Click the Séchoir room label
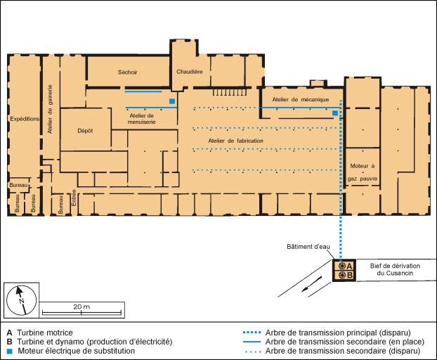tap(128, 72)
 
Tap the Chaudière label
tap(190, 72)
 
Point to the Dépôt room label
tap(84, 131)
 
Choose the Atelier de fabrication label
tap(235, 141)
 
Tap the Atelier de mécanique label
tap(301, 99)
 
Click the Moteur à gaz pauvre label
tap(362, 172)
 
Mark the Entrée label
tap(74, 201)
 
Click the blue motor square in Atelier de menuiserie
tap(171, 102)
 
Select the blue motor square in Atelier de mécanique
tap(335, 112)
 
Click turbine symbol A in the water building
tap(341, 266)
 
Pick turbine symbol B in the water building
tap(341, 276)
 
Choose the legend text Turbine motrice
tap(45, 333)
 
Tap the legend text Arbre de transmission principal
tap(337, 333)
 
